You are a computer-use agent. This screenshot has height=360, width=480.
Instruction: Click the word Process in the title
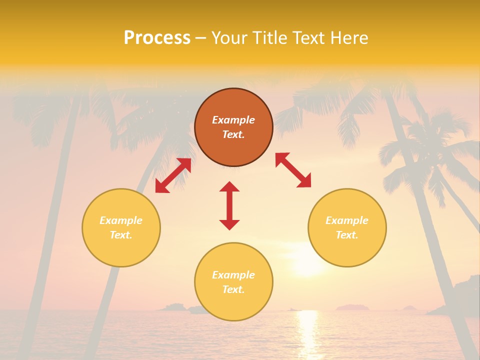click(157, 38)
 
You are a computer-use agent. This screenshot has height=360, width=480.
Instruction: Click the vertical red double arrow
click(229, 205)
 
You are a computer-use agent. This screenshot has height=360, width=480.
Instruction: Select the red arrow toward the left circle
click(173, 175)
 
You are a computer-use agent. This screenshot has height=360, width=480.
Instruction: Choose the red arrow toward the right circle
click(293, 170)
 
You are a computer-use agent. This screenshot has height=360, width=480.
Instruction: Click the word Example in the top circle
click(233, 120)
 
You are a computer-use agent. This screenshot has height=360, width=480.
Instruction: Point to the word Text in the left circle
click(121, 235)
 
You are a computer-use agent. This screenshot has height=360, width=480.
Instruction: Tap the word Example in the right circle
click(347, 220)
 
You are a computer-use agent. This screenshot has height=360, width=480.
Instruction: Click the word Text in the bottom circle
click(233, 289)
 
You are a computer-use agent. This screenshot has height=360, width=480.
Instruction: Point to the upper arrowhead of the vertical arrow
click(229, 187)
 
